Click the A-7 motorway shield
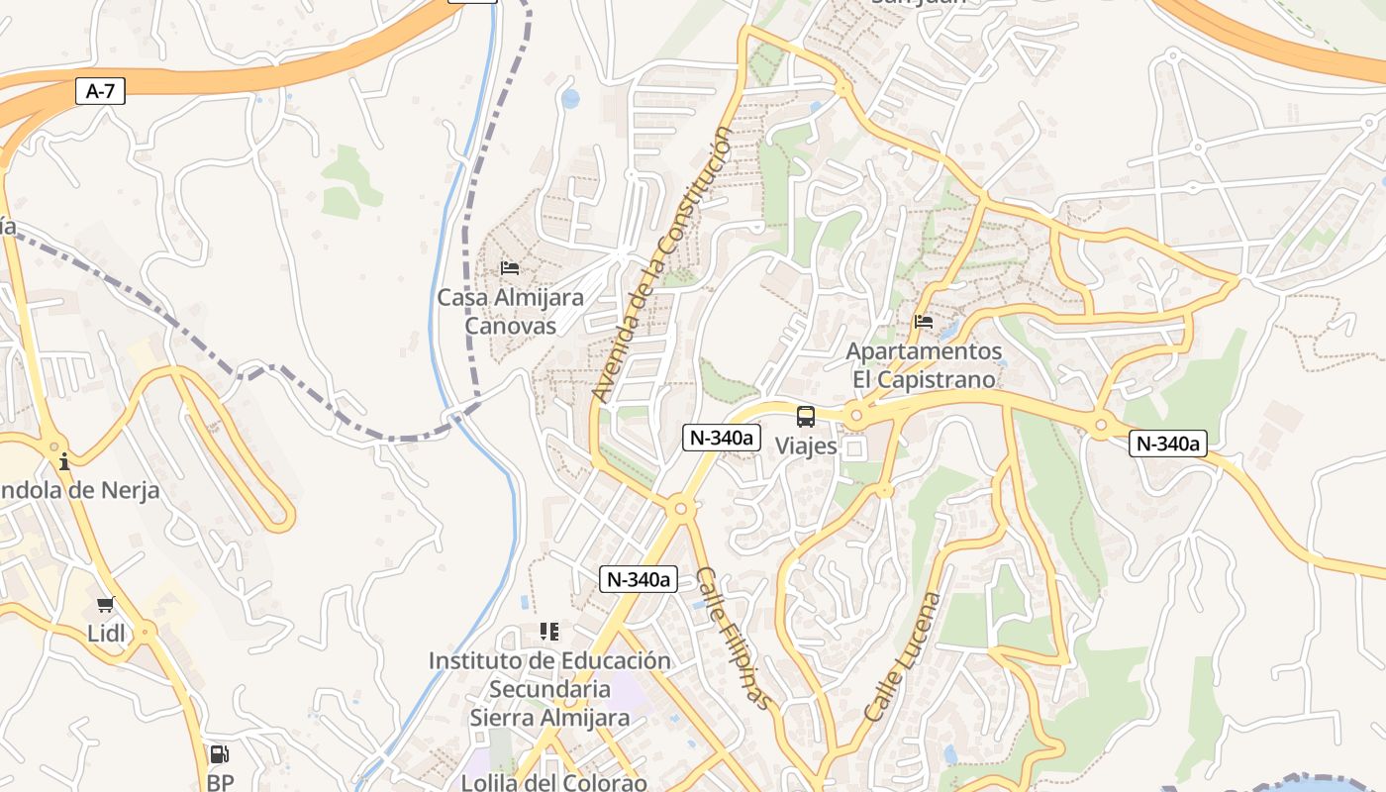[x=101, y=92]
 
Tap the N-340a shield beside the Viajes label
[x=721, y=438]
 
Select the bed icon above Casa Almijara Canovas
[x=510, y=268]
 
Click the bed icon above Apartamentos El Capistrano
[x=924, y=322]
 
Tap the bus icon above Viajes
[x=806, y=417]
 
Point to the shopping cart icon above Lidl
[x=106, y=604]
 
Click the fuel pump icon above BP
[x=220, y=754]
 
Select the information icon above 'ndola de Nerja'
[x=64, y=461]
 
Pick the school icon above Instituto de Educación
[x=549, y=632]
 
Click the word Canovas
[x=510, y=326]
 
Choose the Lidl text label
[x=107, y=634]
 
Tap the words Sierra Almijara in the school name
[x=549, y=718]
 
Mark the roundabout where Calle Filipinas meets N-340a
[x=680, y=509]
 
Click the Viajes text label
[x=806, y=446]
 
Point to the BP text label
[x=220, y=783]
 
